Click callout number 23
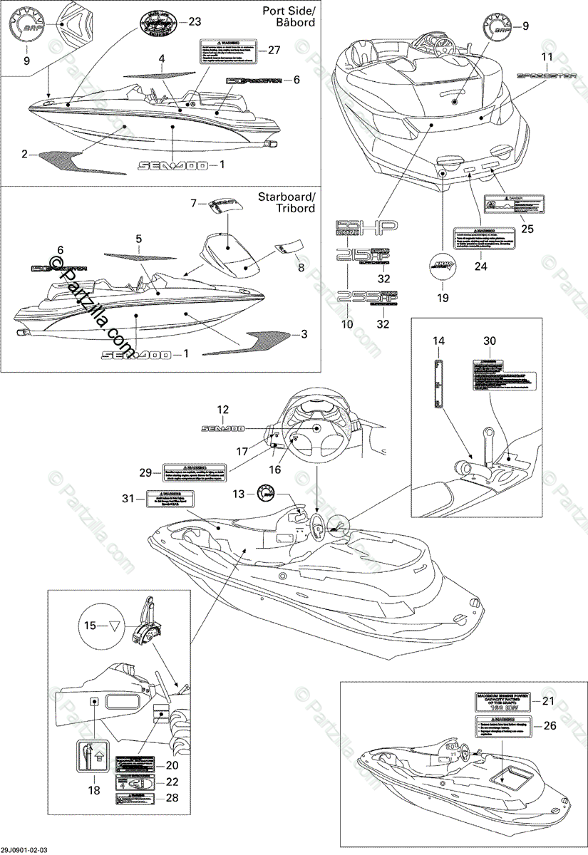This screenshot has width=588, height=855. click(x=195, y=22)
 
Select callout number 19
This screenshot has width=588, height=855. click(x=443, y=298)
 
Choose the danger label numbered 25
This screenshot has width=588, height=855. click(x=515, y=204)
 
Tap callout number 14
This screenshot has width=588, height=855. click(x=438, y=341)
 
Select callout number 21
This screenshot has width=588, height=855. click(x=547, y=701)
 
